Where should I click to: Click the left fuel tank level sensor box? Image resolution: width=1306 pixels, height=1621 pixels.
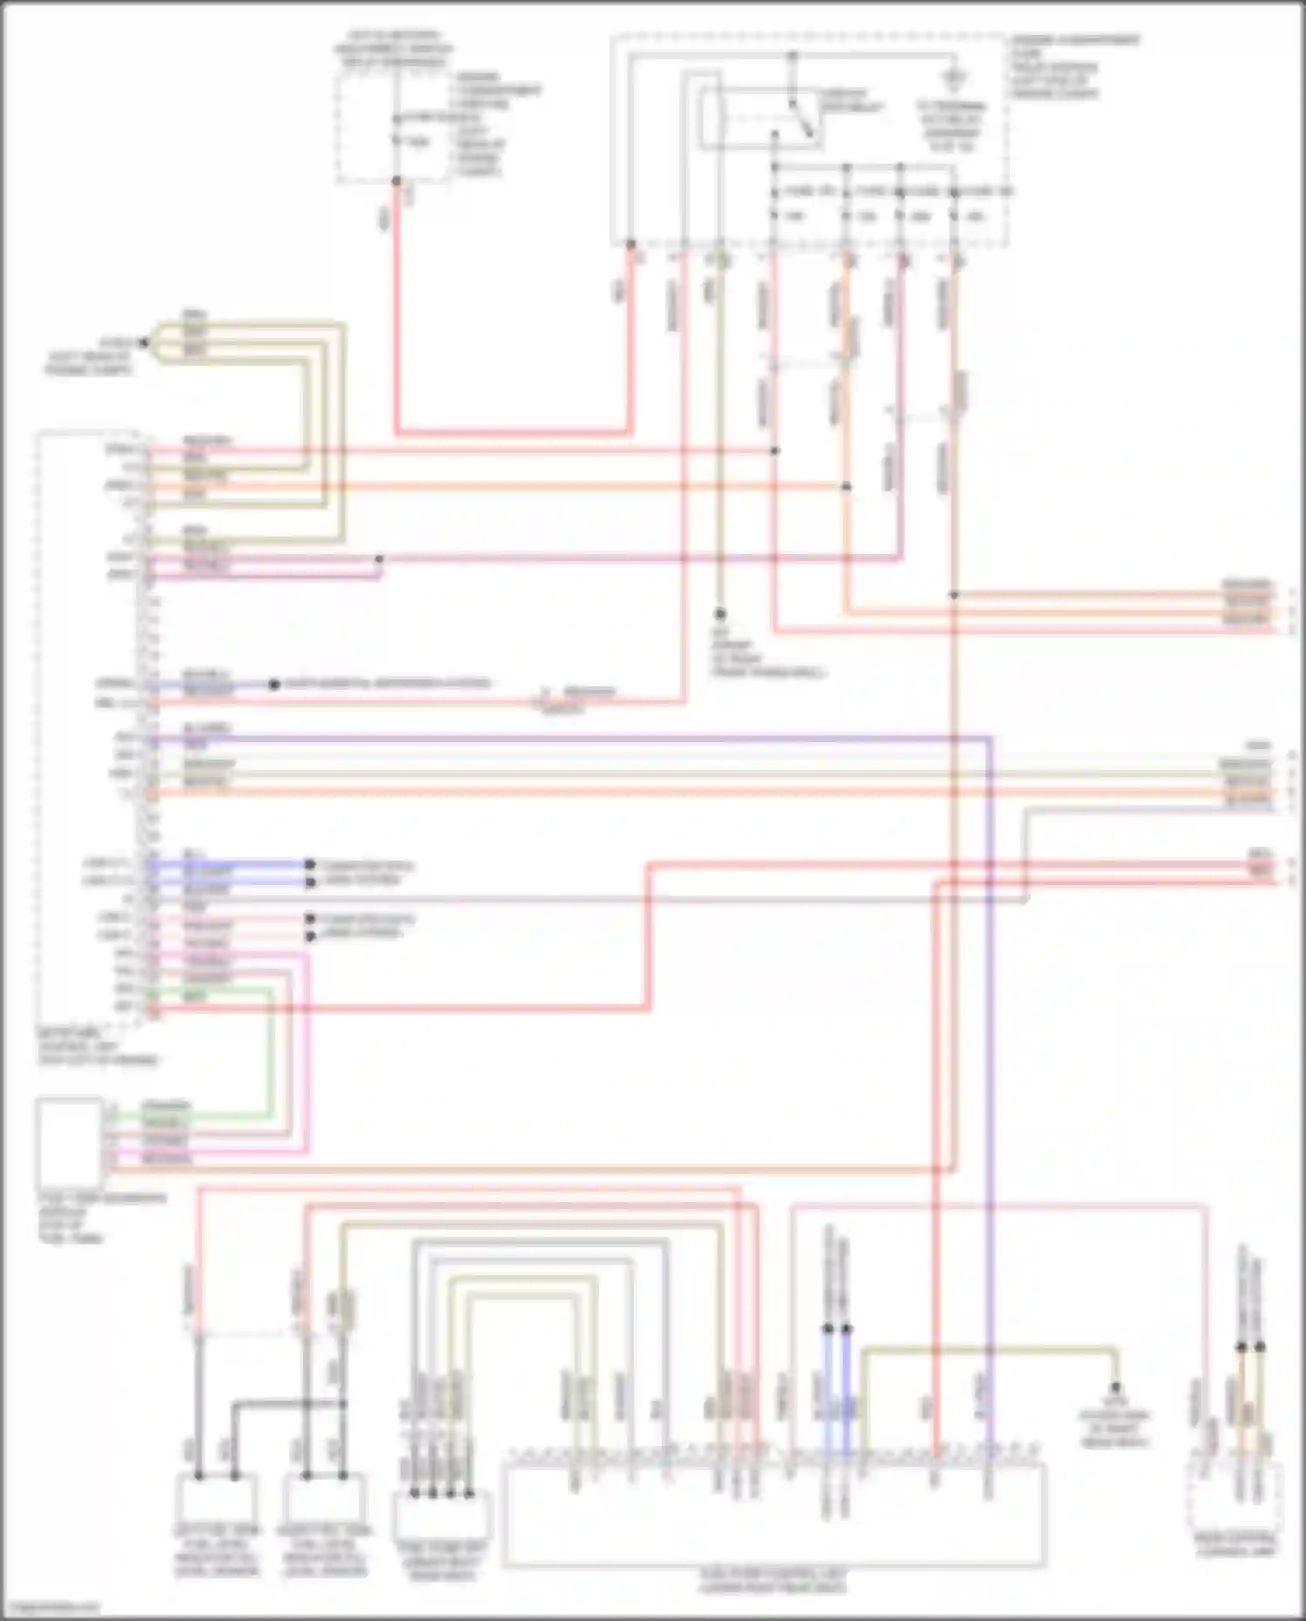217,1497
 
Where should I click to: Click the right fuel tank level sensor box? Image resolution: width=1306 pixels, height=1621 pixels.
323,1497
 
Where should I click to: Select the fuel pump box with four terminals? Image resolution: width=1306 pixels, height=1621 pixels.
441,1516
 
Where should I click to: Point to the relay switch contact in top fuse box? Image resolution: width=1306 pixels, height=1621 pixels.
802,118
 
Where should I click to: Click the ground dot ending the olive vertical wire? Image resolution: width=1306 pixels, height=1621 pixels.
720,614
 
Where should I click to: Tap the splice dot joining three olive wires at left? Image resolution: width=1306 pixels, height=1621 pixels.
145,343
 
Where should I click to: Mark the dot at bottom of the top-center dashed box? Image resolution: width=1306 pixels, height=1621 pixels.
396,181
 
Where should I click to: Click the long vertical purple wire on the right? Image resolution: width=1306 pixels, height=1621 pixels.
991,1045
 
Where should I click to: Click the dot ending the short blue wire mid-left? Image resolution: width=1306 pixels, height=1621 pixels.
273,685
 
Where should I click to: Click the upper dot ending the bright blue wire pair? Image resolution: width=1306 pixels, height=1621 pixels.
309,864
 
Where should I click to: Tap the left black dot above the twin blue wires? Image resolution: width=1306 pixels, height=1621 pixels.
828,1329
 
